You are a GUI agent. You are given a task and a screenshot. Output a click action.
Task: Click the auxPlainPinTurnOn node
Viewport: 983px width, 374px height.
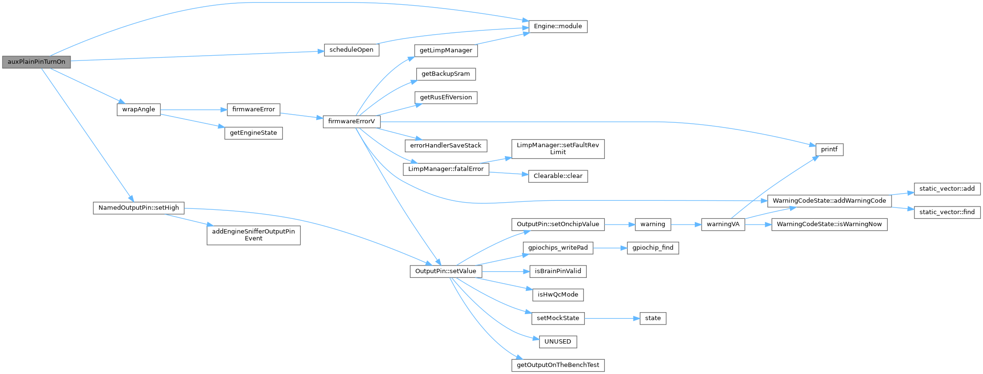36,62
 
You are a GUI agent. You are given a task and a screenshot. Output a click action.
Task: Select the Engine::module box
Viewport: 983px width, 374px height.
558,27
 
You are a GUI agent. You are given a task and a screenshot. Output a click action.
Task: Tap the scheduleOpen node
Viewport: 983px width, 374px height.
351,50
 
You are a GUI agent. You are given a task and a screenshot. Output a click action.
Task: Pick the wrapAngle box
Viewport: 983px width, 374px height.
139,109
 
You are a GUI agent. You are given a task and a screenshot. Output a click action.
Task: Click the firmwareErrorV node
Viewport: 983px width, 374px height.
351,121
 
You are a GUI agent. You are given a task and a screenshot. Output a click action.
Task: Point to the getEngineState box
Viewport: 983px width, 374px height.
253,133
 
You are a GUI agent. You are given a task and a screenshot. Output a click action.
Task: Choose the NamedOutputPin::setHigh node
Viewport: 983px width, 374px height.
139,208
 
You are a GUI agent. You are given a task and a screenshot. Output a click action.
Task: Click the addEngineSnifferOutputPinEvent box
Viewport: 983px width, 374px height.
253,235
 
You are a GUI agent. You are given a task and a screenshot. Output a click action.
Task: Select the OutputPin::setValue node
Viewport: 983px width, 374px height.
446,271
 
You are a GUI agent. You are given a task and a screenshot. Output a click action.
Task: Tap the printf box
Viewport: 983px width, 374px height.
829,149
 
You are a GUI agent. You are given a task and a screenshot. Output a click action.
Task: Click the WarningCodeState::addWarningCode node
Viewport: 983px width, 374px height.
829,201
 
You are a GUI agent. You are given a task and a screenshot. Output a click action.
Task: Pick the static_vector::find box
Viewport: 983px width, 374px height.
947,212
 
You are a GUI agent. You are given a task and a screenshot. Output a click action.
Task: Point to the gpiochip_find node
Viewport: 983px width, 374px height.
652,248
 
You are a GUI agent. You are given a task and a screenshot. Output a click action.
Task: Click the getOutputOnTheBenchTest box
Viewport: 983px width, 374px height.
558,365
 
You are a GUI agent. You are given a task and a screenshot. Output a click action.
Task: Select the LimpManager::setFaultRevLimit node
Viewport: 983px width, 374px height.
558,148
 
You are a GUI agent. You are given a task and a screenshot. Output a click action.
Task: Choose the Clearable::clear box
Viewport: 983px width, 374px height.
558,176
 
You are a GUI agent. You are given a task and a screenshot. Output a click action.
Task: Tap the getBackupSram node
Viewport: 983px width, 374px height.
446,74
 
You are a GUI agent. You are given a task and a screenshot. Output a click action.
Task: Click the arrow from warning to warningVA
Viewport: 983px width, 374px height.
686,224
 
